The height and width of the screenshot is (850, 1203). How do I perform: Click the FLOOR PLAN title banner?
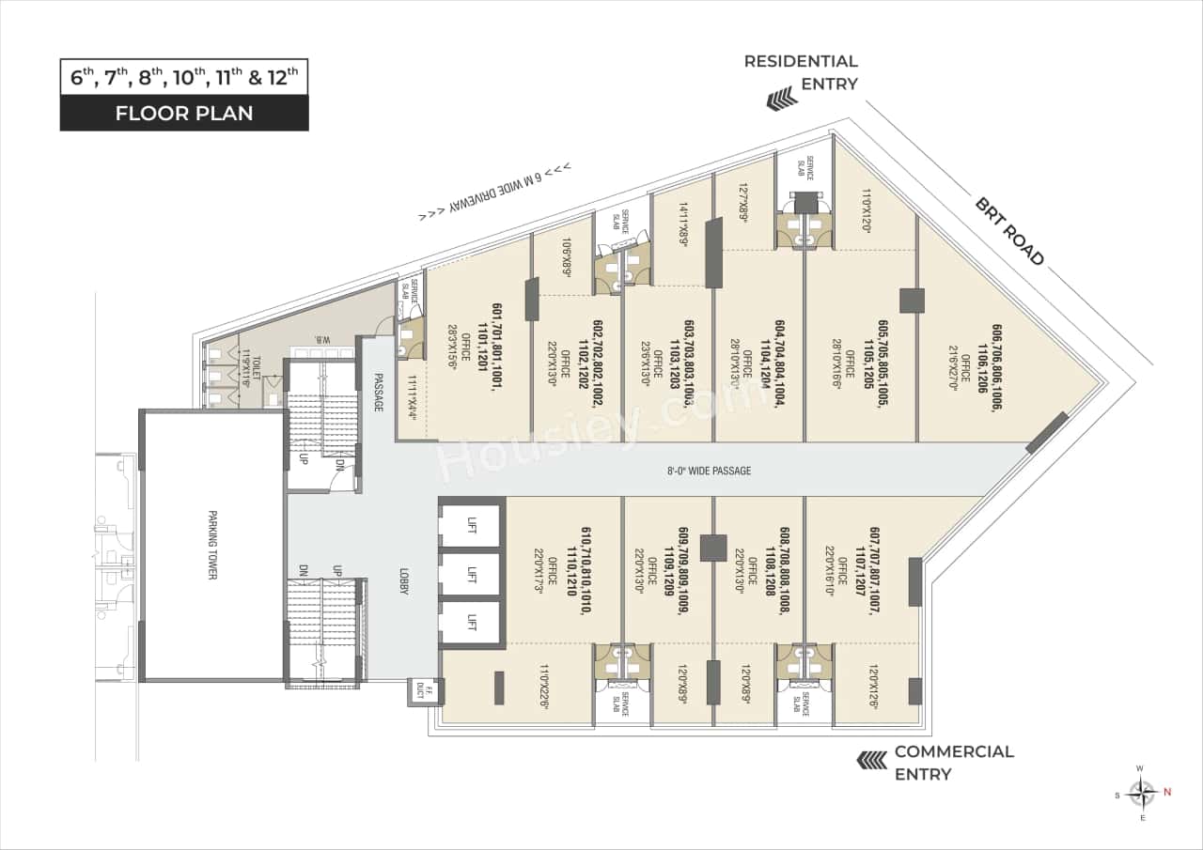coord(184,113)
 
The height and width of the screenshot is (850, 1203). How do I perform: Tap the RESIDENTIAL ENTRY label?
coord(801,72)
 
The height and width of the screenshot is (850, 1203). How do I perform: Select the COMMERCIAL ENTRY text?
coord(953,763)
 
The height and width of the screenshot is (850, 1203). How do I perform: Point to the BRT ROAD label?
coord(1008,231)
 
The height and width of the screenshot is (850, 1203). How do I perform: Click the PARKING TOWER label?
coord(212,546)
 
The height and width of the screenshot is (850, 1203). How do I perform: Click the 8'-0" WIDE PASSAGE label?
coord(709,471)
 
